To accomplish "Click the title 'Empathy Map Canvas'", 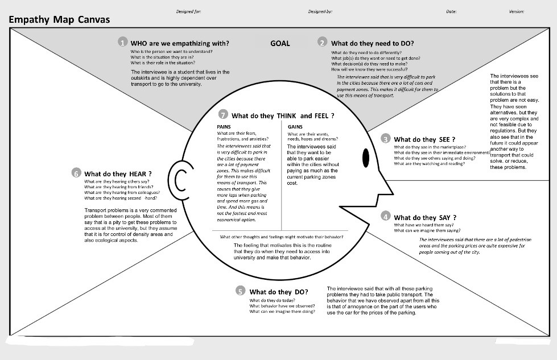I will pyautogui.click(x=59, y=20).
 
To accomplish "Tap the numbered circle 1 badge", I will pyautogui.click(x=122, y=42).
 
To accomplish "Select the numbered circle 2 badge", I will pyautogui.click(x=323, y=43).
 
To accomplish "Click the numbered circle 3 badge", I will pyautogui.click(x=386, y=139).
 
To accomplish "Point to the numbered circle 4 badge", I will pyautogui.click(x=386, y=217).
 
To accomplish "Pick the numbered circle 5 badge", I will pyautogui.click(x=241, y=291).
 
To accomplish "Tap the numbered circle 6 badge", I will pyautogui.click(x=76, y=173).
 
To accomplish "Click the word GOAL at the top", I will pyautogui.click(x=280, y=43).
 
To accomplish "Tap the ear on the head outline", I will pyautogui.click(x=181, y=179).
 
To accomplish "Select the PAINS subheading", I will pyautogui.click(x=224, y=127).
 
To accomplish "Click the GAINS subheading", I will pyautogui.click(x=295, y=127).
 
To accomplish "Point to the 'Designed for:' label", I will pyautogui.click(x=189, y=11).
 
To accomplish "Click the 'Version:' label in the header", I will pyautogui.click(x=517, y=11).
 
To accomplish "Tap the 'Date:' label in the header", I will pyautogui.click(x=451, y=11).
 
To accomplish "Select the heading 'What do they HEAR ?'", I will pyautogui.click(x=118, y=173).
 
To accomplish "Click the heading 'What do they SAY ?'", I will pyautogui.click(x=424, y=217).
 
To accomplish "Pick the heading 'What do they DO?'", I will pyautogui.click(x=279, y=292).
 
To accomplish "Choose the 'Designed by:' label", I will pyautogui.click(x=320, y=11).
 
